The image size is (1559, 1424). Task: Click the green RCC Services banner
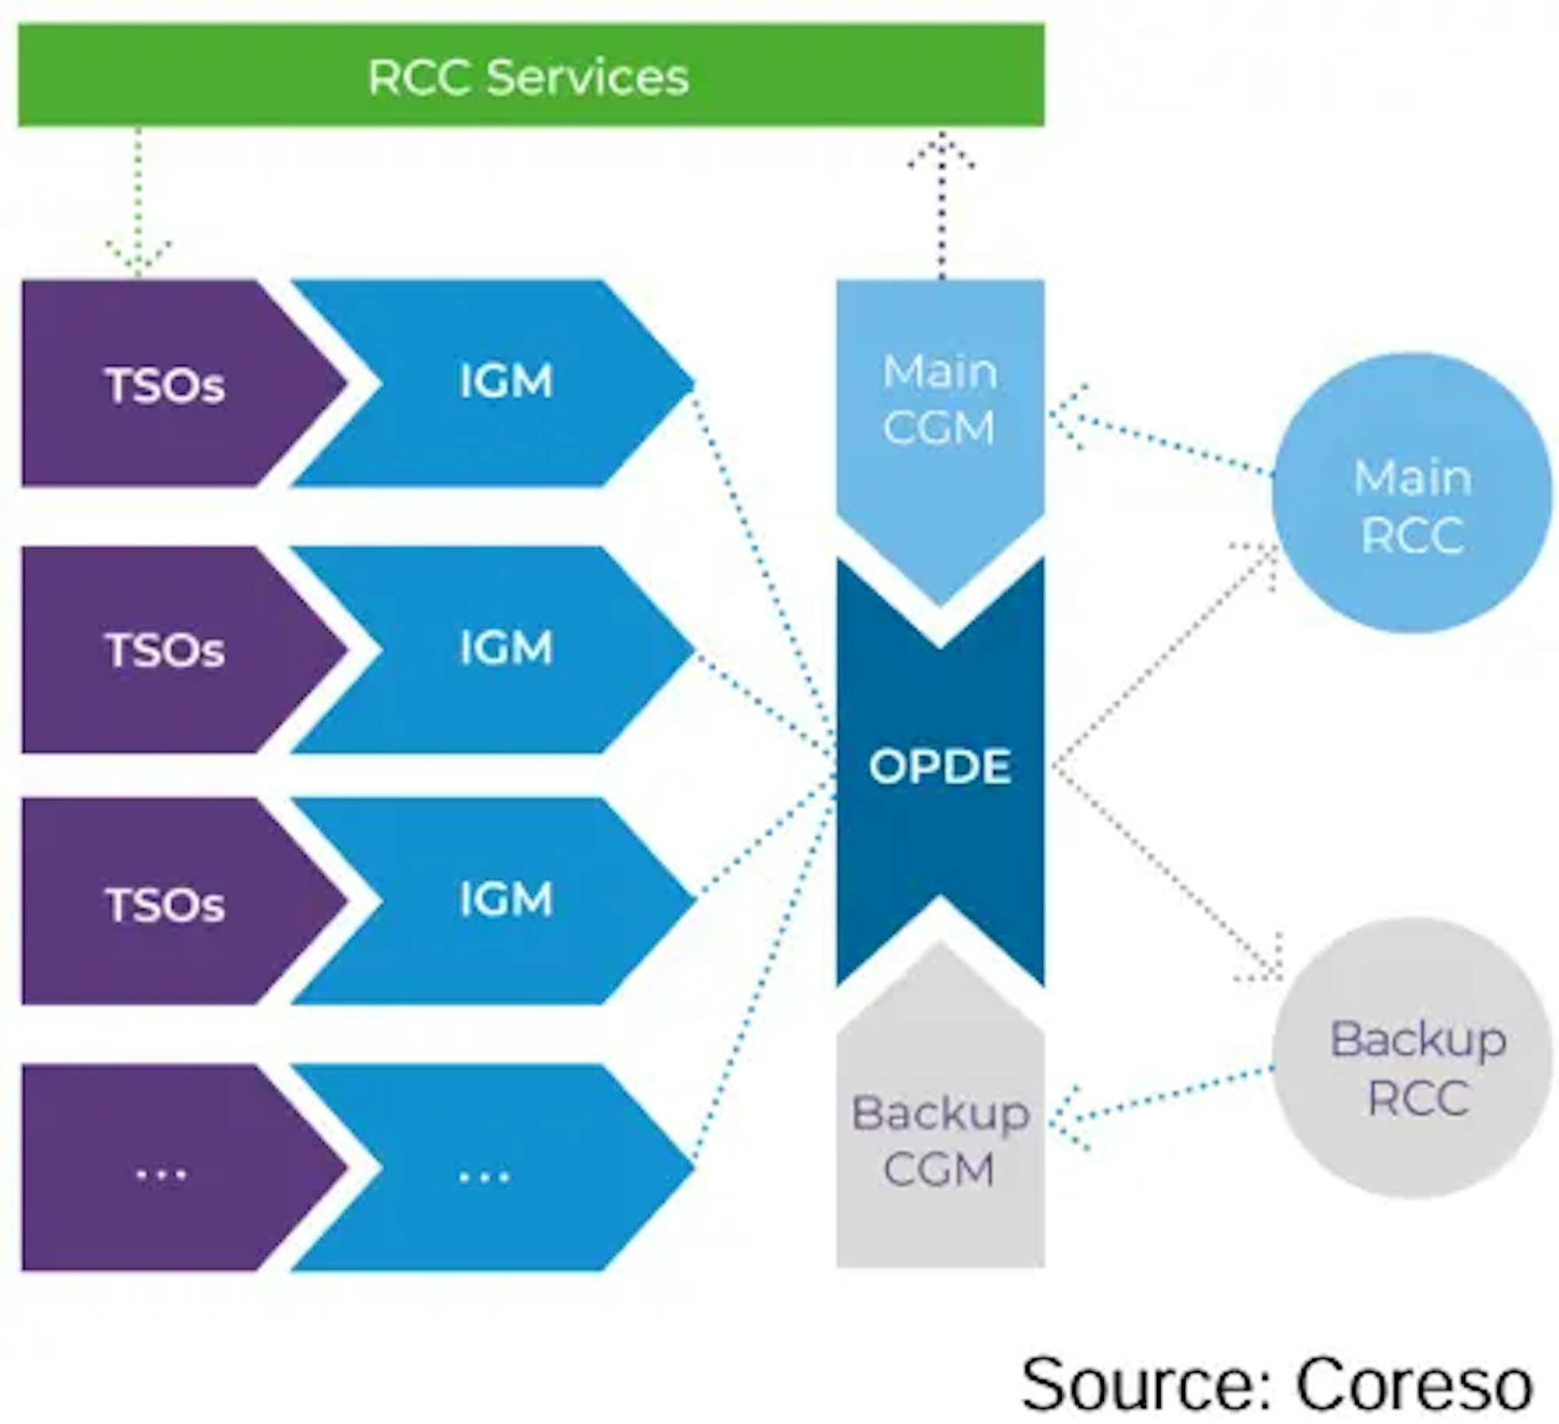530,75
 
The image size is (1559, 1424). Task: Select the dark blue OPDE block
939,767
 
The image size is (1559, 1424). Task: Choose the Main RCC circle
1412,493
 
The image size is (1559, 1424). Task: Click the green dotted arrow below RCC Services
138,203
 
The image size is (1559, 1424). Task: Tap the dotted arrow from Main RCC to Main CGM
1161,440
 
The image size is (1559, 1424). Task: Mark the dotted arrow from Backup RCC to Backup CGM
1161,1099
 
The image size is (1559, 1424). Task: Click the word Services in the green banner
588,76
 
